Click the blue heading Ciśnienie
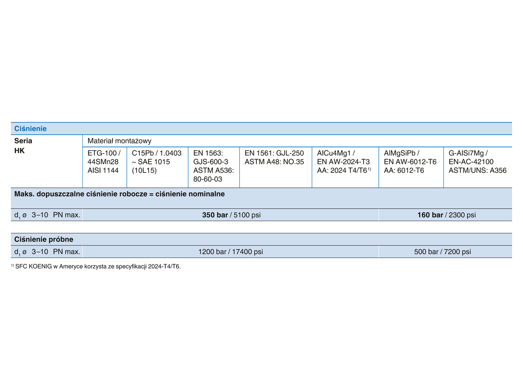pos(31,128)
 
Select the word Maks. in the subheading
pos(24,194)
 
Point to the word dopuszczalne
pos(60,194)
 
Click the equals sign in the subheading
pos(151,194)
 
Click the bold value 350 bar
pos(215,215)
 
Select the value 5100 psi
pos(247,215)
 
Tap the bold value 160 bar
pos(430,215)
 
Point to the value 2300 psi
pos(462,215)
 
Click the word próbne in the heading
pos(61,239)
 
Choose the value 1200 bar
pos(212,252)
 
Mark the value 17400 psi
pos(247,252)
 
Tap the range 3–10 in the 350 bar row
pos(40,215)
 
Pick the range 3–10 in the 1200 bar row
pos(40,252)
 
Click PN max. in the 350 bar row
pos(66,215)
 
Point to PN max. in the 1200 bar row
pos(66,252)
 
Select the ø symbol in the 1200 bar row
pos(25,252)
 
